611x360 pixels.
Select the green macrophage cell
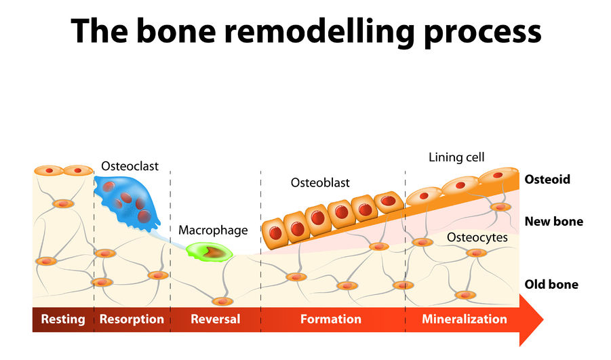pyautogui.click(x=210, y=252)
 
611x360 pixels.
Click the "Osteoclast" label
pyautogui.click(x=129, y=165)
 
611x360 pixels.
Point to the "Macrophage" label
pyautogui.click(x=213, y=231)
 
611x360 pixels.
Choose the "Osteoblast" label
pyautogui.click(x=320, y=183)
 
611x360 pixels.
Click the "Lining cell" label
pyautogui.click(x=456, y=157)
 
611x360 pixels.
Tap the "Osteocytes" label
pyautogui.click(x=477, y=237)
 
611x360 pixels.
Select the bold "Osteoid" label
pyautogui.click(x=547, y=180)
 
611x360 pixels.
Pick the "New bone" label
pyautogui.click(x=553, y=222)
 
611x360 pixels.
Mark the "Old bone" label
pyautogui.click(x=551, y=284)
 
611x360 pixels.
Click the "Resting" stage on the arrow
pyautogui.click(x=63, y=319)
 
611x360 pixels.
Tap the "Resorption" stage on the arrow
pyautogui.click(x=132, y=319)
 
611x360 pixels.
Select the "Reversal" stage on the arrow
pyautogui.click(x=215, y=319)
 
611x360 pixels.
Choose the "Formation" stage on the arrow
pyautogui.click(x=331, y=319)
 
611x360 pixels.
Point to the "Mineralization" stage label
pyautogui.click(x=464, y=319)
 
